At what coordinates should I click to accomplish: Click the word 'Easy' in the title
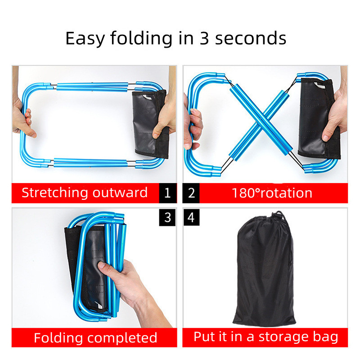coord(85,39)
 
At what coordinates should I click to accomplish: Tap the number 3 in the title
coord(204,38)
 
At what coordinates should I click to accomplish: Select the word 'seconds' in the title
coord(251,38)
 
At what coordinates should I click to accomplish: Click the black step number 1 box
coord(167,193)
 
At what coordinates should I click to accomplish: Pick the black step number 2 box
coord(191,193)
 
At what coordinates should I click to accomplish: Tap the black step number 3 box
coord(167,217)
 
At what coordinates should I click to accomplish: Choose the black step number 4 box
coord(191,217)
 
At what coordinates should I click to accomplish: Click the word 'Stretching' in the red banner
coord(54,193)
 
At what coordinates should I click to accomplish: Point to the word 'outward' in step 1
coord(120,193)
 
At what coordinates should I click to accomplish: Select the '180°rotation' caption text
coord(272,193)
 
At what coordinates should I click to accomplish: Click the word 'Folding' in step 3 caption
coord(58,338)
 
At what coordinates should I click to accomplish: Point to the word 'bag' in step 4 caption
coord(325,337)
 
